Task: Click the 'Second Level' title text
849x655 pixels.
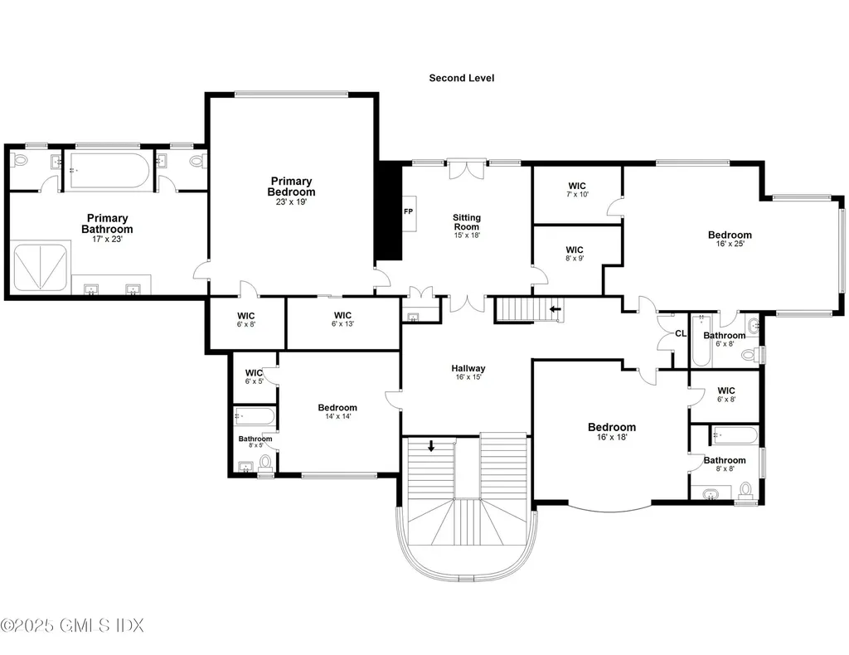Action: pyautogui.click(x=461, y=78)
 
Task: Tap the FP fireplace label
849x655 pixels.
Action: pyautogui.click(x=408, y=211)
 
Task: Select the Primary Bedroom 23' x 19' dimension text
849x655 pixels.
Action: pyautogui.click(x=291, y=201)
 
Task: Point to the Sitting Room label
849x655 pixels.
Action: pyautogui.click(x=466, y=222)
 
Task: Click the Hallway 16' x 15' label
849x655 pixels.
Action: pyautogui.click(x=468, y=372)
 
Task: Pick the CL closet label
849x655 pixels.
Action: pyautogui.click(x=681, y=334)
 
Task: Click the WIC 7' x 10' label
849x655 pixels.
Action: pyautogui.click(x=577, y=190)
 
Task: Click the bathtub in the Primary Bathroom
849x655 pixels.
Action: pyautogui.click(x=109, y=170)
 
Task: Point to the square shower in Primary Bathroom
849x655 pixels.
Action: pyautogui.click(x=37, y=266)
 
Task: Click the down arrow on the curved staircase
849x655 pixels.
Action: pyautogui.click(x=431, y=446)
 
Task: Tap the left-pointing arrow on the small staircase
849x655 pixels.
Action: pyautogui.click(x=555, y=311)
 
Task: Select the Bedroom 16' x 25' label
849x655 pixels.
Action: pyautogui.click(x=730, y=239)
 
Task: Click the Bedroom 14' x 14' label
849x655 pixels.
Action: pyautogui.click(x=337, y=412)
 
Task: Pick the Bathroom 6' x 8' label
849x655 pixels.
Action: pyautogui.click(x=725, y=339)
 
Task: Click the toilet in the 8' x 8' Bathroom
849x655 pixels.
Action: pyautogui.click(x=745, y=491)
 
